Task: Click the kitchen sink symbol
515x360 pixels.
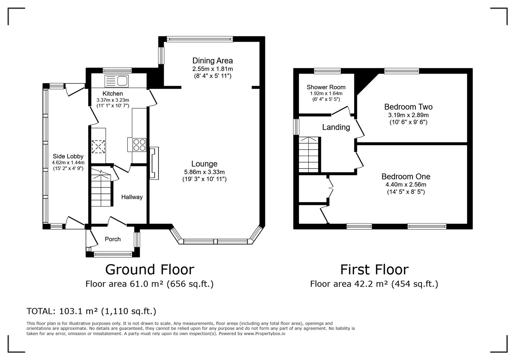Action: pyautogui.click(x=116, y=81)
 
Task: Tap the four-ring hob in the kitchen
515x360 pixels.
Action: pyautogui.click(x=139, y=145)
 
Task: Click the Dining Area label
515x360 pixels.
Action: pyautogui.click(x=212, y=61)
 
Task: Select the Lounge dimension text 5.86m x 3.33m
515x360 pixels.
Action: pyautogui.click(x=204, y=172)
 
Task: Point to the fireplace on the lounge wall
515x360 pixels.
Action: pyautogui.click(x=154, y=163)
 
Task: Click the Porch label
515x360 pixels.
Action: pyautogui.click(x=112, y=239)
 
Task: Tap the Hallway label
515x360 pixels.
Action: pyautogui.click(x=132, y=197)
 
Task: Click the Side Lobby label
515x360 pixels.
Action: pyautogui.click(x=68, y=156)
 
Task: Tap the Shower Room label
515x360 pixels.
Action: pyautogui.click(x=326, y=87)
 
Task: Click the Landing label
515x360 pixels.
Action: pyautogui.click(x=336, y=127)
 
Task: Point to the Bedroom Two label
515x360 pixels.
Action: pyautogui.click(x=408, y=107)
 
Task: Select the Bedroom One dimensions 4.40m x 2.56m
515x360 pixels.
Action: pyautogui.click(x=406, y=185)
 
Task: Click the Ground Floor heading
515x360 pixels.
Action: pyautogui.click(x=149, y=269)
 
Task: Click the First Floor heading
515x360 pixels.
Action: pyautogui.click(x=374, y=269)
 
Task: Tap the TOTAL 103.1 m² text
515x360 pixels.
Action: pyautogui.click(x=91, y=311)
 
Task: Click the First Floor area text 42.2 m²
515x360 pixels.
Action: pyautogui.click(x=374, y=284)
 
